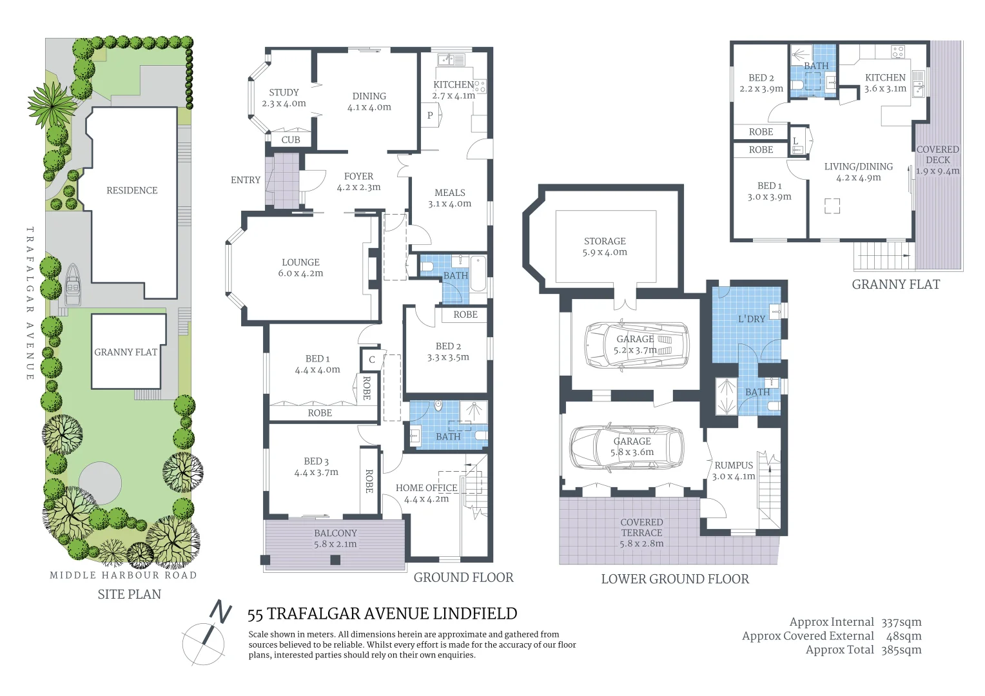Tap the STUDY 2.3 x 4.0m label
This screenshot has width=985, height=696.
(x=284, y=98)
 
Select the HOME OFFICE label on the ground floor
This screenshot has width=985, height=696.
(x=426, y=493)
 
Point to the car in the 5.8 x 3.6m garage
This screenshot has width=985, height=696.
(x=627, y=447)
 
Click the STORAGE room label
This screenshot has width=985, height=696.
(x=605, y=246)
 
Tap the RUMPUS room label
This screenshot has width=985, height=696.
(x=734, y=470)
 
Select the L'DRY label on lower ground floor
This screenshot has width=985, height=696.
(x=752, y=318)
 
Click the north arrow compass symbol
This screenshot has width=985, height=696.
(x=208, y=634)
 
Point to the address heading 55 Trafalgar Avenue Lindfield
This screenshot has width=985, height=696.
(x=382, y=614)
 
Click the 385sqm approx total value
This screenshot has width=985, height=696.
(x=901, y=650)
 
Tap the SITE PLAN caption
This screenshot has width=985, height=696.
(x=129, y=594)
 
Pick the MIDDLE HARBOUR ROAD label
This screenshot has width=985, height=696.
(x=123, y=575)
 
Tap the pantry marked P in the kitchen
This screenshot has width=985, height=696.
(x=430, y=116)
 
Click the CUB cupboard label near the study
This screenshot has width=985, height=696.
(x=291, y=139)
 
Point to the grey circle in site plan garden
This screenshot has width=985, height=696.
(x=100, y=483)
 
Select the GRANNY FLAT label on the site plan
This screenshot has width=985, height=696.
(x=126, y=352)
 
